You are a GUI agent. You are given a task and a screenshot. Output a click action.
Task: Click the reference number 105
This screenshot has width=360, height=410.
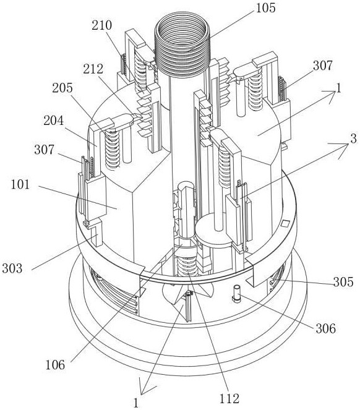[265, 8]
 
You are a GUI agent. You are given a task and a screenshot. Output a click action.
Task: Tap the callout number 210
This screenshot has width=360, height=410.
[102, 25]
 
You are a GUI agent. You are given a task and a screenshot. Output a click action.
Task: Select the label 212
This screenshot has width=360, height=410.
[93, 69]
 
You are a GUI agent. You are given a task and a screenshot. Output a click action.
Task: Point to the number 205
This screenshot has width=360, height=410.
[62, 88]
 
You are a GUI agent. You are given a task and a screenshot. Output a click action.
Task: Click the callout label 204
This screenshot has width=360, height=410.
[54, 121]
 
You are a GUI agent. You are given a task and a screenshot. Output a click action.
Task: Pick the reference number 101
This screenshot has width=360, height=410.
[20, 185]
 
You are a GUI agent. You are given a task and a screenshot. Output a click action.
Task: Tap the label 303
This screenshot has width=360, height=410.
[12, 268]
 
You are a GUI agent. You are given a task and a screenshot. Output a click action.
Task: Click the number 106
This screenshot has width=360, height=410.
[55, 365]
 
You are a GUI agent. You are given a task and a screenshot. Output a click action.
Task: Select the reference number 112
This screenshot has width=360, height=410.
[229, 399]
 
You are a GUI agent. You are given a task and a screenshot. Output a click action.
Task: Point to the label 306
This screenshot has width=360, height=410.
[326, 328]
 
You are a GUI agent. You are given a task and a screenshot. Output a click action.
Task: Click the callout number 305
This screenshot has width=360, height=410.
[343, 282]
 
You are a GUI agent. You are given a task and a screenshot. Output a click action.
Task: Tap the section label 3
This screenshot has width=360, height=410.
[353, 139]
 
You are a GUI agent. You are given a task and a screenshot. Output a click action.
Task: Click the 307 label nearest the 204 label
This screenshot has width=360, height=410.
[44, 150]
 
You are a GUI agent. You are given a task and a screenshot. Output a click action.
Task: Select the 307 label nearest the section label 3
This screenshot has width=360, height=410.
[323, 66]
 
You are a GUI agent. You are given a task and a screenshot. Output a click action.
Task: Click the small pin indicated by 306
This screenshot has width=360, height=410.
[237, 293]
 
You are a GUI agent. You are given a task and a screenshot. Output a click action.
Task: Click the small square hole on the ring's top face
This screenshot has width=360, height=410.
[285, 223]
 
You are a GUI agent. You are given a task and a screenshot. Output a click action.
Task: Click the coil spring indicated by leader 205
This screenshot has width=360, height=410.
[113, 150]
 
